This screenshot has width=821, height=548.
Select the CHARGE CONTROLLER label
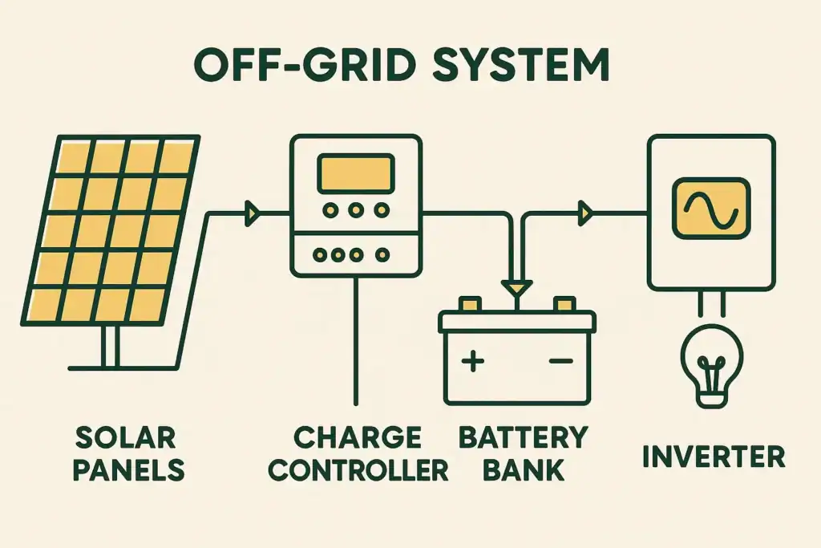358,453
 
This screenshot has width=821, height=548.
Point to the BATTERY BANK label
522,453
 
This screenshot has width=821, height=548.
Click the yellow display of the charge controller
355,173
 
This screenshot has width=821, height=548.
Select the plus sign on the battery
474,362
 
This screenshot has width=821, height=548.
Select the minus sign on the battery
560,362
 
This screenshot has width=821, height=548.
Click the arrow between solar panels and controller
253,213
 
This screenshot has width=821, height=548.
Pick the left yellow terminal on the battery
469,304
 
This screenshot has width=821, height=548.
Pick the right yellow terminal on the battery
565,304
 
